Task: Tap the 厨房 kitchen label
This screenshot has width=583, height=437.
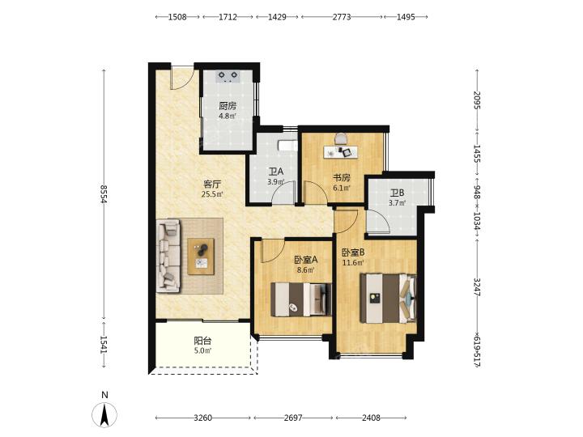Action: [228, 106]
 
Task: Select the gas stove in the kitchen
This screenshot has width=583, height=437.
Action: [228, 76]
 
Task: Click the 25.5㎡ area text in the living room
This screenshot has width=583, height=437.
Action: [212, 193]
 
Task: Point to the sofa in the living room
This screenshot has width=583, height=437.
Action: [168, 255]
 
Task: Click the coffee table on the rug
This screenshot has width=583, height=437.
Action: [201, 257]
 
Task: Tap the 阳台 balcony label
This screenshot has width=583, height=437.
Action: [202, 341]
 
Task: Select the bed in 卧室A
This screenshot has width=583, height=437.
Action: [301, 299]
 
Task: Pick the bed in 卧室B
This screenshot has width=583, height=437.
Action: [388, 299]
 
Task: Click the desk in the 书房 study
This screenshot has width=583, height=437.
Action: [341, 151]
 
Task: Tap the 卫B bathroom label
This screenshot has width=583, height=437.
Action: [397, 193]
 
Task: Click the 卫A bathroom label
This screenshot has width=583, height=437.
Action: [276, 172]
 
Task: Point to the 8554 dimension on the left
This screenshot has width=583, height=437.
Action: [104, 194]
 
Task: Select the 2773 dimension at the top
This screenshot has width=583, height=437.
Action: [342, 17]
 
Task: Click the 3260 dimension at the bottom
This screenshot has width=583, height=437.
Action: [203, 418]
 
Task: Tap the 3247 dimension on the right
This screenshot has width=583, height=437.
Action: [478, 287]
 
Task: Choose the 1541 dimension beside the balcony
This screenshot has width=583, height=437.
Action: [104, 345]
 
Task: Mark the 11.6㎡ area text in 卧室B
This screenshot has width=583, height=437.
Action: [353, 263]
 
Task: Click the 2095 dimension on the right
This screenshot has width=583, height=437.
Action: [478, 100]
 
